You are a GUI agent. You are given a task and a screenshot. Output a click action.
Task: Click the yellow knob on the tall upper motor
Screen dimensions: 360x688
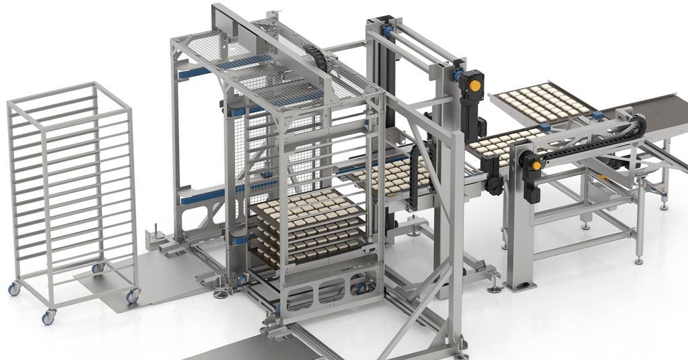(x=474, y=85)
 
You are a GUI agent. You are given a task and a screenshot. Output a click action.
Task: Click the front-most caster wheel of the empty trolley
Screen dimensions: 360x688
(x=48, y=318)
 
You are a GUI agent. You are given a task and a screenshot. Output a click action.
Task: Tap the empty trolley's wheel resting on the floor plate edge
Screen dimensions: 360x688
(x=132, y=296)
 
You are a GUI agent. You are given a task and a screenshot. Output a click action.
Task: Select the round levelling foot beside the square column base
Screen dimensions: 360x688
(x=495, y=288)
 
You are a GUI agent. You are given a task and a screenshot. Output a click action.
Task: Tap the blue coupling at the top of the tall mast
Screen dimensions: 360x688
(x=388, y=31)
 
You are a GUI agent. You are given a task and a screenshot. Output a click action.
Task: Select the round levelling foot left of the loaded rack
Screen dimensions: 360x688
(x=220, y=293)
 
